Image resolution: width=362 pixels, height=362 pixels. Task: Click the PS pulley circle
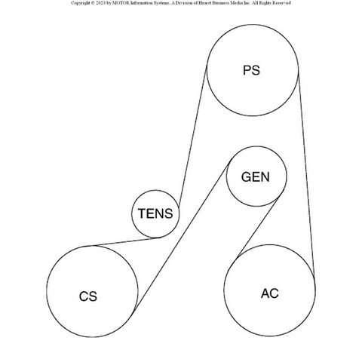tap(207, 70)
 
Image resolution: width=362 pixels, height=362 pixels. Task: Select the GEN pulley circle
tap(226, 176)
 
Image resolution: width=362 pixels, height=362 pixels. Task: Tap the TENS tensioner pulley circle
tap(132, 213)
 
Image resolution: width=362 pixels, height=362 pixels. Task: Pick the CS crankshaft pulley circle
tap(47, 291)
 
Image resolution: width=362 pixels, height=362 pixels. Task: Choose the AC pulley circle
tap(224, 290)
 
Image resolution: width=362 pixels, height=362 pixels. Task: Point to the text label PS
tap(251, 70)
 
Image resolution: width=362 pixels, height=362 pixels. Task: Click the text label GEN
tap(256, 177)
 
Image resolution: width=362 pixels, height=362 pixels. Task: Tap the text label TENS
tap(155, 213)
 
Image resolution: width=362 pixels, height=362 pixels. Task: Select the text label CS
tap(88, 296)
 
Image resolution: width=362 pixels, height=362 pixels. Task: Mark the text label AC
tap(270, 293)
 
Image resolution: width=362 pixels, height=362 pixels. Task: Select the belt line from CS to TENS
tap(127, 241)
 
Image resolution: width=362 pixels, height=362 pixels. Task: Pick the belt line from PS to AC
tap(306, 173)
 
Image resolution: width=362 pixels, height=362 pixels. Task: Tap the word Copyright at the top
tap(80, 3)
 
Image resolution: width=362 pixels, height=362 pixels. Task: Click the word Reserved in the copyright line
tap(282, 3)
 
